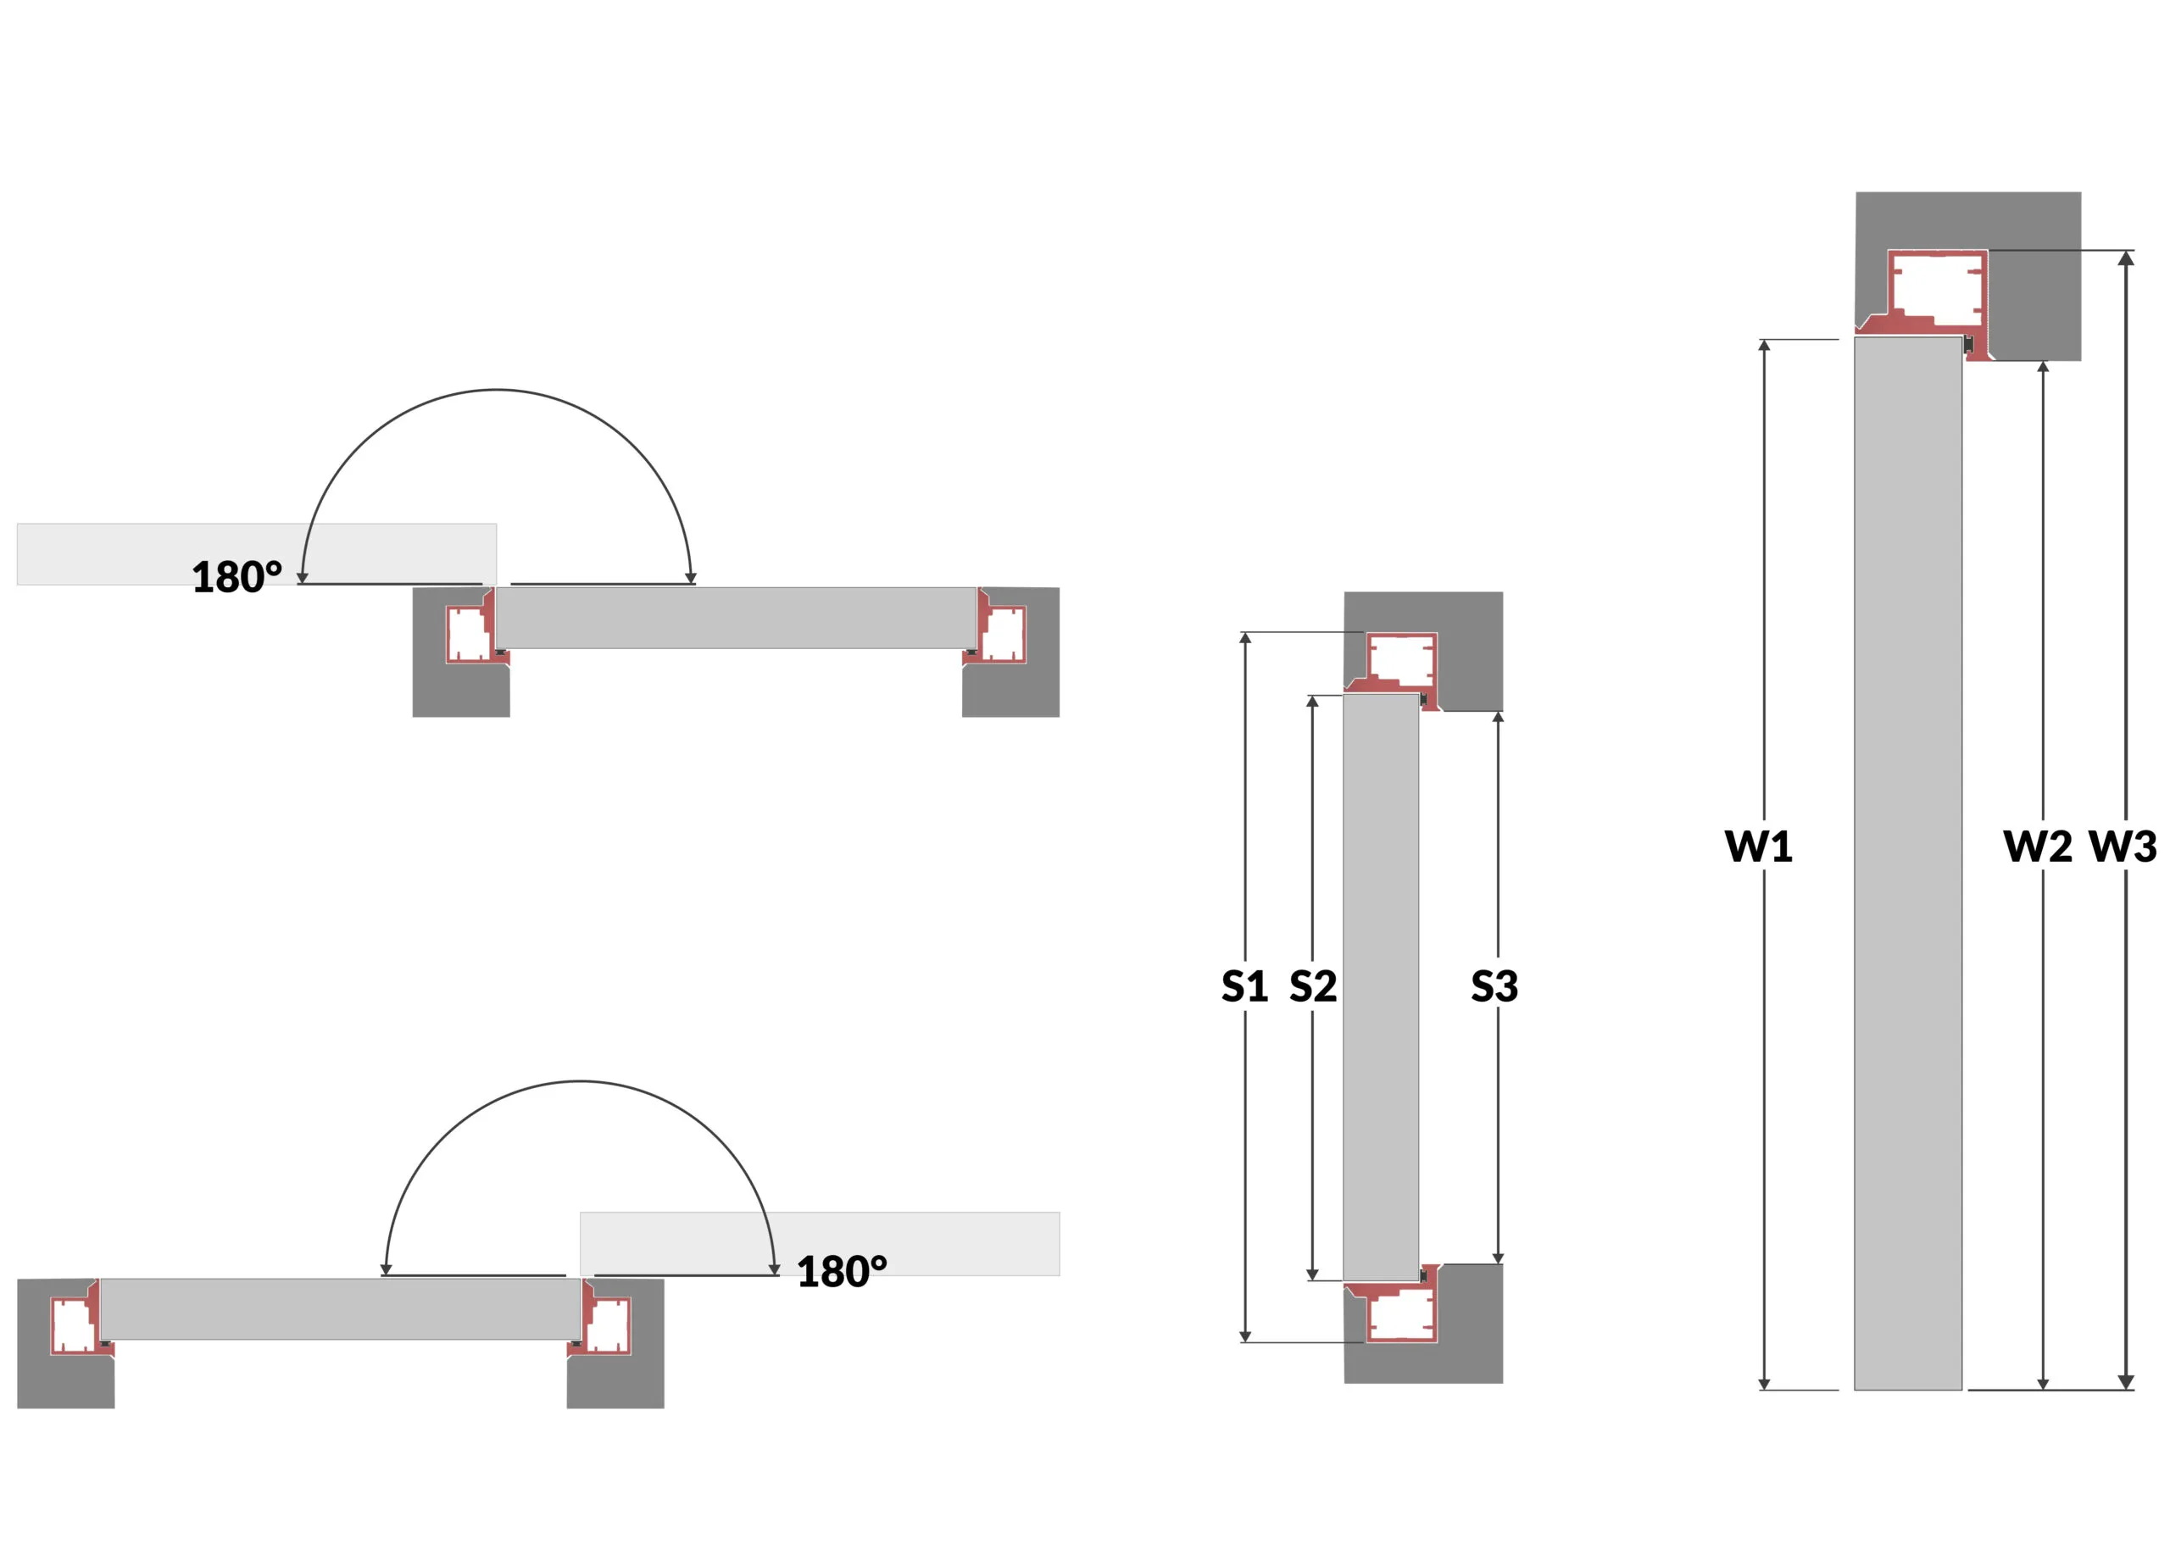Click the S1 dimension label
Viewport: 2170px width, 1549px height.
1244,986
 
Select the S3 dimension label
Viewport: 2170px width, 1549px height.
1494,986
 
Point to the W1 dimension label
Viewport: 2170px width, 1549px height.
1758,846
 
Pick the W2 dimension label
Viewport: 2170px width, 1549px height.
2038,846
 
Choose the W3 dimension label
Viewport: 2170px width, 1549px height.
2123,846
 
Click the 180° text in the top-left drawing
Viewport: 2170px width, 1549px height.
236,577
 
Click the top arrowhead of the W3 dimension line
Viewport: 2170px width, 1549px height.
2125,258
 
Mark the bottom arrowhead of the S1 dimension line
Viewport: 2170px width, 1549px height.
1244,1336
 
